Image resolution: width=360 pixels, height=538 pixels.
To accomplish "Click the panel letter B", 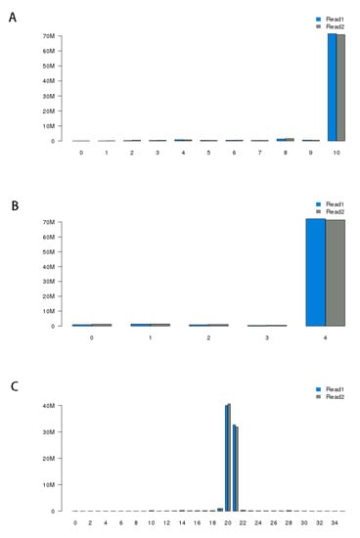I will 13,195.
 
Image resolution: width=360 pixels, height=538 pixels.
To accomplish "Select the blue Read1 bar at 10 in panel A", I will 332,88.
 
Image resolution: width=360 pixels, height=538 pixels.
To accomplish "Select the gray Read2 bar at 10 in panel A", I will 341,88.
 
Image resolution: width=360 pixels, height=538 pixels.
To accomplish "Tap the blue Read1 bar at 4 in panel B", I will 315,273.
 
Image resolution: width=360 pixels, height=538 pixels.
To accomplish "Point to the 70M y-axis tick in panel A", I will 47,36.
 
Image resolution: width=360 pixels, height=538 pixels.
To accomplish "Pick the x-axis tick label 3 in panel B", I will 267,337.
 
